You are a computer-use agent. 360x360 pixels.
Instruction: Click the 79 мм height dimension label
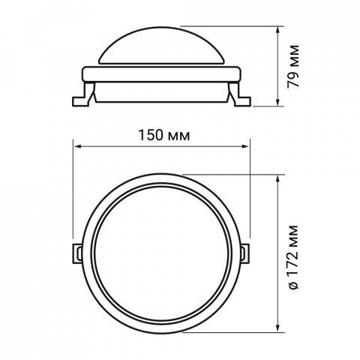click(x=292, y=66)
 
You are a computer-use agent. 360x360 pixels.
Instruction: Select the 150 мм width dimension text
click(x=164, y=135)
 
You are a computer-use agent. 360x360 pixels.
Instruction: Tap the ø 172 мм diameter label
click(x=293, y=257)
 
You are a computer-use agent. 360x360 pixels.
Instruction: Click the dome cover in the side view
click(x=161, y=46)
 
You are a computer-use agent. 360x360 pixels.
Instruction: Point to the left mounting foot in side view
click(x=82, y=95)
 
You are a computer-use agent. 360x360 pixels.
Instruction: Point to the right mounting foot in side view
click(x=240, y=95)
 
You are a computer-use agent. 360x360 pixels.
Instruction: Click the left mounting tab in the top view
click(x=77, y=253)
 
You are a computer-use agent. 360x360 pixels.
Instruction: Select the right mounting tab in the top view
click(x=245, y=253)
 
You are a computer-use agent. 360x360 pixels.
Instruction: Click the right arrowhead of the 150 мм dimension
click(x=245, y=146)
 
